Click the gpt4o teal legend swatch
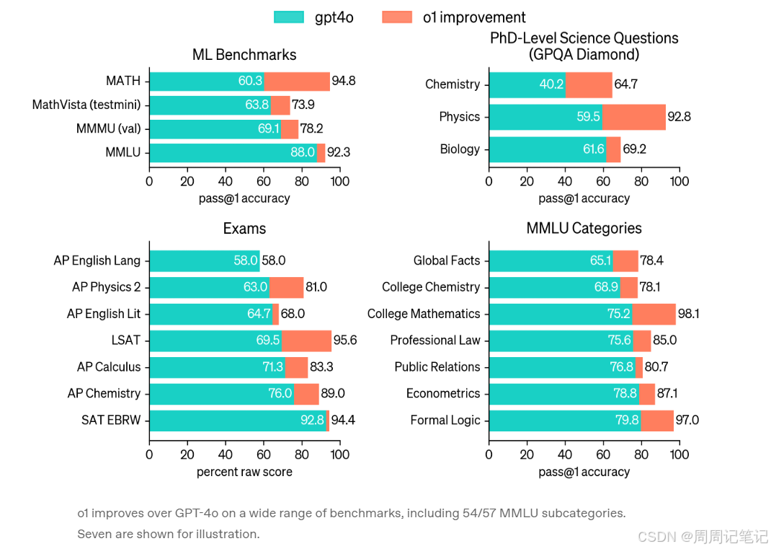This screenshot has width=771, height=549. pyautogui.click(x=289, y=17)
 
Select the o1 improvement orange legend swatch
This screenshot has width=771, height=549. pyautogui.click(x=397, y=17)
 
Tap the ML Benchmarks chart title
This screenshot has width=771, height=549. pyautogui.click(x=244, y=55)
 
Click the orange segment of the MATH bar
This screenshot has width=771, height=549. pyautogui.click(x=297, y=81)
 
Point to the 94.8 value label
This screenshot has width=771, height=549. pyautogui.click(x=344, y=81)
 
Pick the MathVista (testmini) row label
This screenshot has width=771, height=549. pyautogui.click(x=86, y=105)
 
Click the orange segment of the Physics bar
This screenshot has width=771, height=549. pyautogui.click(x=633, y=116)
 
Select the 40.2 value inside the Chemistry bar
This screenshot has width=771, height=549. pyautogui.click(x=551, y=84)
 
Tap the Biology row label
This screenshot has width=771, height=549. pyautogui.click(x=460, y=149)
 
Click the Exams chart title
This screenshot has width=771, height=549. pyautogui.click(x=244, y=229)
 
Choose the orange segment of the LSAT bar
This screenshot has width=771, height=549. pyautogui.click(x=306, y=340)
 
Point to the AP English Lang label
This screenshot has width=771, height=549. pyautogui.click(x=97, y=260)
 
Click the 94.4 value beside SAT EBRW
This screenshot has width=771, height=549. pyautogui.click(x=343, y=420)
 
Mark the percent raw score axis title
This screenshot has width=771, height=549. pyautogui.click(x=244, y=472)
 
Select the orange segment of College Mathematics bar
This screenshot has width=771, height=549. pyautogui.click(x=654, y=314)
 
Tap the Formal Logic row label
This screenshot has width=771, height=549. pyautogui.click(x=445, y=420)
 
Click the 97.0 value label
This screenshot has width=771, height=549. pyautogui.click(x=687, y=420)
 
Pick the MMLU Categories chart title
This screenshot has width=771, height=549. pyautogui.click(x=584, y=229)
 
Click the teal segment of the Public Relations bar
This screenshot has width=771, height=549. pyautogui.click(x=562, y=366)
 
